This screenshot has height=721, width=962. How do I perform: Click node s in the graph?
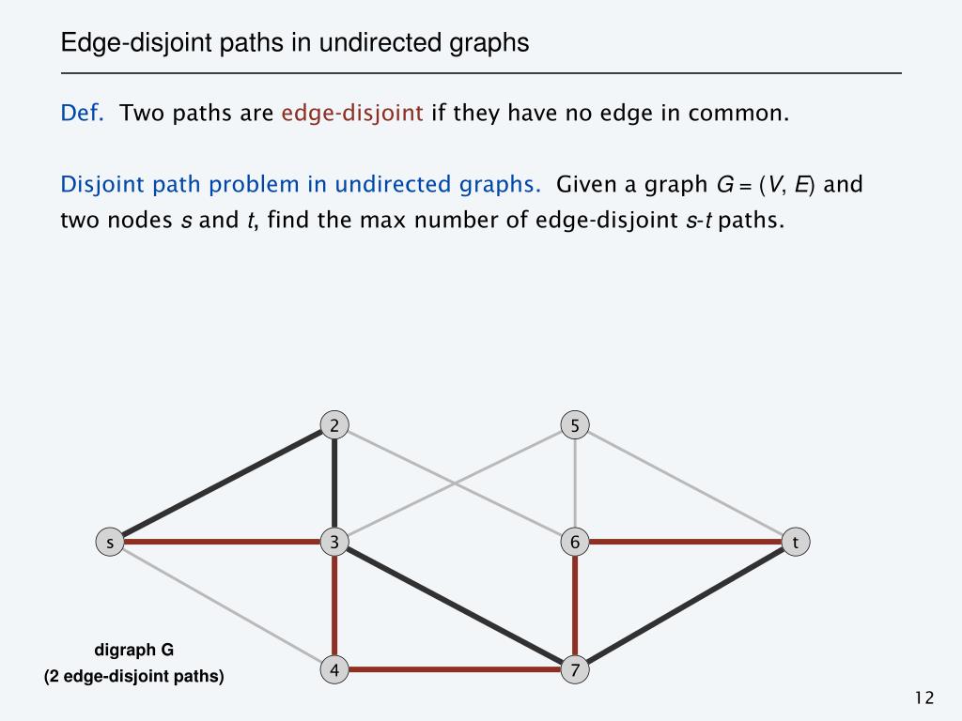point(111,543)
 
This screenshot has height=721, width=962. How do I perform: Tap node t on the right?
point(796,543)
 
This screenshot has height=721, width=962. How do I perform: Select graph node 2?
point(334,425)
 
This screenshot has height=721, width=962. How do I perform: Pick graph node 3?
point(334,543)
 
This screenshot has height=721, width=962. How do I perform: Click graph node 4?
point(334,669)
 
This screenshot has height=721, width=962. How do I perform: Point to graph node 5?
point(575,425)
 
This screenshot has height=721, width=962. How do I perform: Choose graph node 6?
point(575,543)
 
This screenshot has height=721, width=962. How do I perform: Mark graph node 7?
point(575,669)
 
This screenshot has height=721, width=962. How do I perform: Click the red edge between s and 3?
point(222,543)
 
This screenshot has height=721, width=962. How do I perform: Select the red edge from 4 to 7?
point(454,669)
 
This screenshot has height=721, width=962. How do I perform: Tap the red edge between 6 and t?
point(685,543)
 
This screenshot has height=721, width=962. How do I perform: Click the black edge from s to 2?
point(222,484)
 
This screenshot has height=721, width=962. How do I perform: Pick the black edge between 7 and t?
point(685,606)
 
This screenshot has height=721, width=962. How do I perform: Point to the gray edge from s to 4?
point(222,606)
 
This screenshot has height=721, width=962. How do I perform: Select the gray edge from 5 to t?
point(685,483)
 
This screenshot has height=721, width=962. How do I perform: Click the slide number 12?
point(923,698)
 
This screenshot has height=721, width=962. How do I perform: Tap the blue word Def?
point(82,115)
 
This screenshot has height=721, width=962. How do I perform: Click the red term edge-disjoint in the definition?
point(352,115)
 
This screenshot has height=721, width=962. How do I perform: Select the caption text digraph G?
point(134,650)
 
